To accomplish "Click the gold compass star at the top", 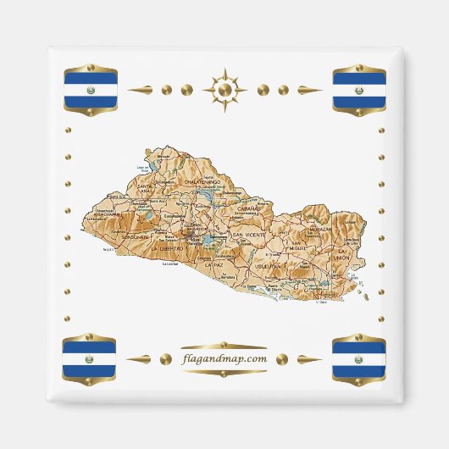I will pos(224,89).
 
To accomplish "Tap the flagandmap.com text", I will pos(224,358).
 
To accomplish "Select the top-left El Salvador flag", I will pos(90,89).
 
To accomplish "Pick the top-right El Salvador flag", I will pos(358,89).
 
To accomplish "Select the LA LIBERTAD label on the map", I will pos(166,250).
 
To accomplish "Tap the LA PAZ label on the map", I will pos(215,264).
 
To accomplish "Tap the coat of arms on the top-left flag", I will pos(90,89).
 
